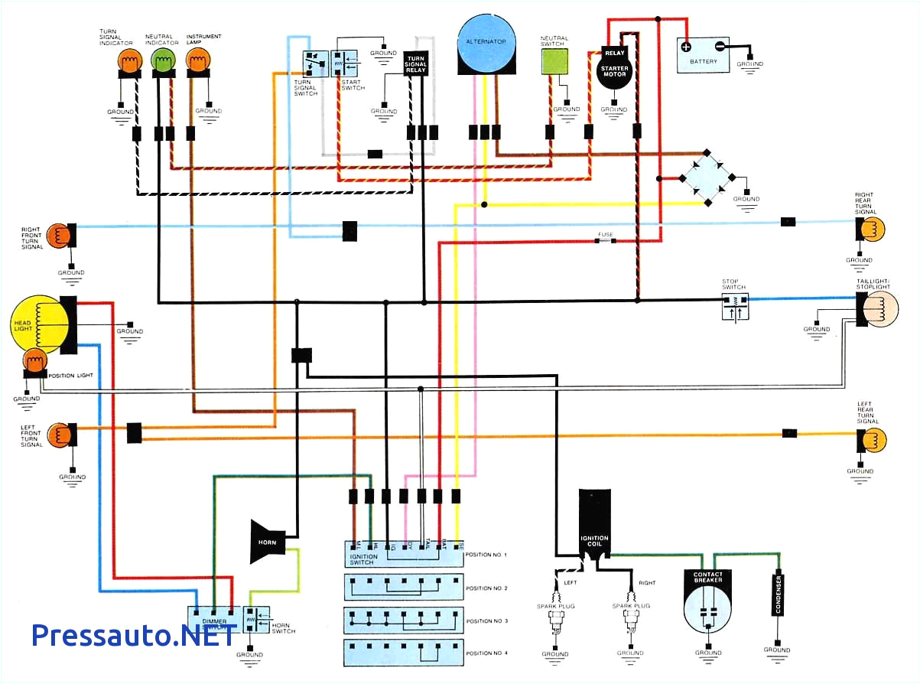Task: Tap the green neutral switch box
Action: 556,64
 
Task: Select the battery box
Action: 703,55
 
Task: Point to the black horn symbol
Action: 267,541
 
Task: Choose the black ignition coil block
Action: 594,525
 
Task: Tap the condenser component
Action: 778,593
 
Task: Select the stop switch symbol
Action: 735,305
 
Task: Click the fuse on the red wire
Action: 606,241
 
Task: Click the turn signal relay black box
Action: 415,63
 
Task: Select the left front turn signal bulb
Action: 59,435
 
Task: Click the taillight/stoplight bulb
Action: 879,309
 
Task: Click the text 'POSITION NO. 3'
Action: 486,621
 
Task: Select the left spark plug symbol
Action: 554,624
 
